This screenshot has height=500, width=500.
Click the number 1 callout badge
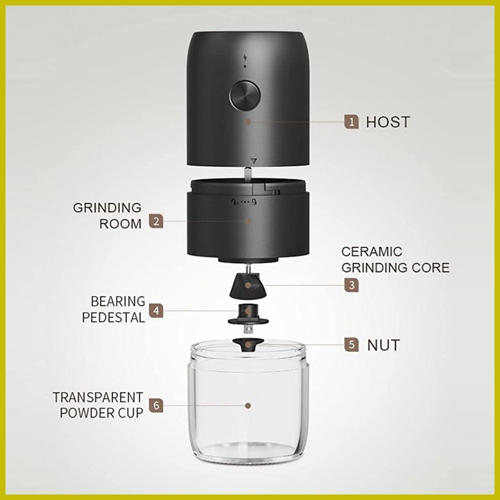[x=351, y=122]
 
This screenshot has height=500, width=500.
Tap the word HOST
[x=388, y=122]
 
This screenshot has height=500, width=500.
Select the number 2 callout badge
[x=156, y=221]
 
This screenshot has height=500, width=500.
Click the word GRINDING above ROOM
[x=107, y=208]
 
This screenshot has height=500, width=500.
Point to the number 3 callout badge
[x=351, y=285]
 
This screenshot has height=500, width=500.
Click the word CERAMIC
[x=372, y=252]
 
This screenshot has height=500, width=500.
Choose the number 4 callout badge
[x=156, y=311]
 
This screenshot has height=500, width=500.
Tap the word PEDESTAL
[x=114, y=318]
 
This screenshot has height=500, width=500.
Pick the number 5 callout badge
[x=351, y=345]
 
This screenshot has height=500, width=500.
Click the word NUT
[x=384, y=345]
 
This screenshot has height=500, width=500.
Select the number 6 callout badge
[x=156, y=405]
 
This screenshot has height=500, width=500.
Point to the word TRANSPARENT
[x=98, y=398]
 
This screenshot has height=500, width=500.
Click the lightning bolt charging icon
[x=245, y=57]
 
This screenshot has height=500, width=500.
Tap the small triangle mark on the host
[x=254, y=160]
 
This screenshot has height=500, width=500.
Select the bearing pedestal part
[x=248, y=315]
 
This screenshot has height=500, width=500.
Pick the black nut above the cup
[x=248, y=344]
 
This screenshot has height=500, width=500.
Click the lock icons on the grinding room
[x=244, y=202]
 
